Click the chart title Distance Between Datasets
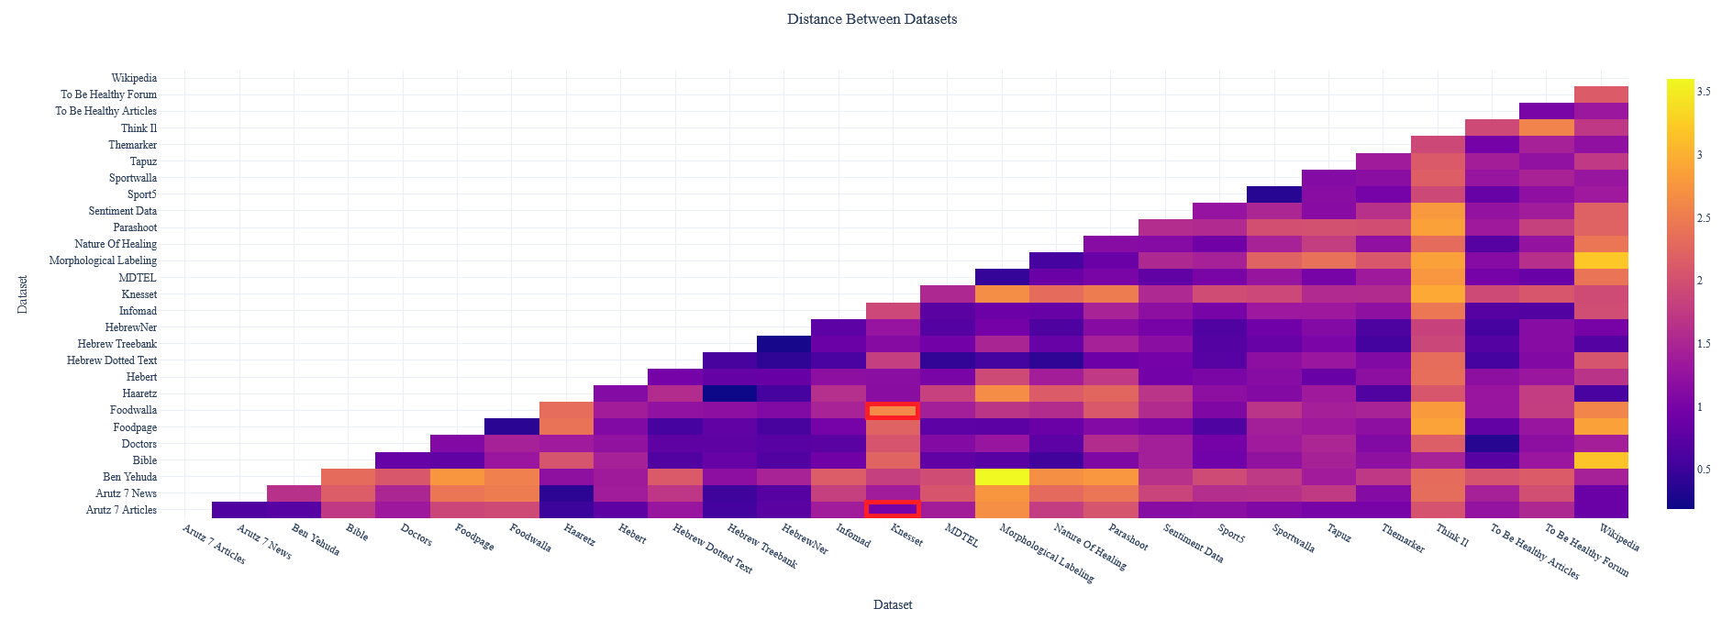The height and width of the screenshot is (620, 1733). tap(872, 19)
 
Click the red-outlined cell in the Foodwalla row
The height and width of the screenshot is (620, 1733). tap(893, 411)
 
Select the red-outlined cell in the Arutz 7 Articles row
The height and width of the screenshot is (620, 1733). tap(893, 509)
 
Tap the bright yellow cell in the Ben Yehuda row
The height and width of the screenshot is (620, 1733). tap(1001, 477)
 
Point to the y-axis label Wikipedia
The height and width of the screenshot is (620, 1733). tap(134, 79)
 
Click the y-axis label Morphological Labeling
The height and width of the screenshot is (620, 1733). tap(103, 260)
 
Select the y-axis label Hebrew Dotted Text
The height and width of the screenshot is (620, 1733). tap(112, 360)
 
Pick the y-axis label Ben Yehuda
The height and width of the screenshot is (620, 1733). tap(129, 477)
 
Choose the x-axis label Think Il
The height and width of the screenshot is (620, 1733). tap(1451, 536)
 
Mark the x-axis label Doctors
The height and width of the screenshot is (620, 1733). tap(416, 537)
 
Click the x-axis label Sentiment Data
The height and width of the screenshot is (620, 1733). tap(1193, 543)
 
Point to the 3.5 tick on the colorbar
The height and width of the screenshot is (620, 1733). tap(1703, 92)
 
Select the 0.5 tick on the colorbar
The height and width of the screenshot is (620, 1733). tap(1703, 470)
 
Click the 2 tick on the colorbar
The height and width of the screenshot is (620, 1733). tap(1699, 281)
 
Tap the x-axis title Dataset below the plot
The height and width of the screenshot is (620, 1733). tap(893, 605)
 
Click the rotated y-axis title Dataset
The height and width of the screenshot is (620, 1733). tap(23, 294)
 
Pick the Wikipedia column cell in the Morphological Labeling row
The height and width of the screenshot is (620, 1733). tap(1601, 260)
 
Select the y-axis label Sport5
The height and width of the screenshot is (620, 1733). tap(141, 194)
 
